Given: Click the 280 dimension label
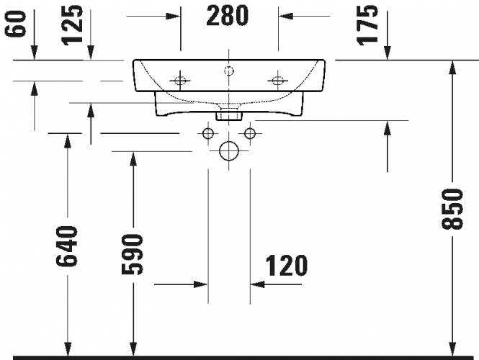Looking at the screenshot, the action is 228,16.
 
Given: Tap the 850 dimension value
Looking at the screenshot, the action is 452,209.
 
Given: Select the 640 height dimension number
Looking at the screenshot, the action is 66,246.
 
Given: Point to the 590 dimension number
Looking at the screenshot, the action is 132,254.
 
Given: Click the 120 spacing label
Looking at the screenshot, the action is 286,266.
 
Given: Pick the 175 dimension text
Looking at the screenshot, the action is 367,26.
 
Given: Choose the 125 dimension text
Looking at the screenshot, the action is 72,24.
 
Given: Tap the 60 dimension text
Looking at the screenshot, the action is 15,24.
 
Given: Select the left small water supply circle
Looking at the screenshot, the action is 208,133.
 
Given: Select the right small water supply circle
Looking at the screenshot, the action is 250,133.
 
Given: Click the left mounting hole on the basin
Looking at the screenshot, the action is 180,81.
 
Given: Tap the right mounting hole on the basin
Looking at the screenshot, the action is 278,81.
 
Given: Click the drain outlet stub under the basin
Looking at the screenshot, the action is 229,117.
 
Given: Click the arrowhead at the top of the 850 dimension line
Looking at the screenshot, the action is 452,68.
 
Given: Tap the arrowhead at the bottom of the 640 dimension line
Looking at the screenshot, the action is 68,348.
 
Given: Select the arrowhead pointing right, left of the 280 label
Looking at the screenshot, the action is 173,16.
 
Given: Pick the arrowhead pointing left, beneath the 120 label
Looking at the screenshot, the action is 257,284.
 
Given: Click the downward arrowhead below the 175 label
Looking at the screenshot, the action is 388,53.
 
